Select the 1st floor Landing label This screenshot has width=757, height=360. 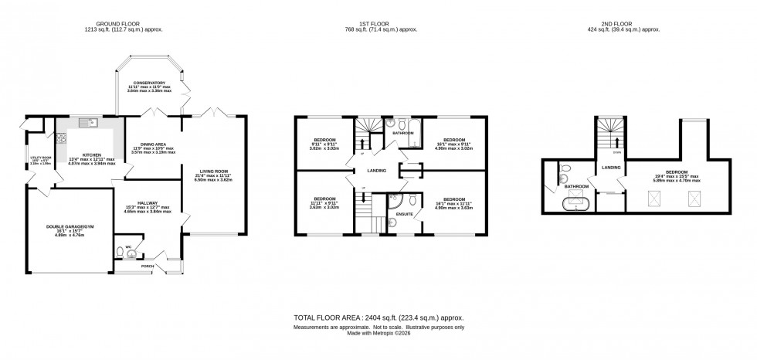point(376,171)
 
